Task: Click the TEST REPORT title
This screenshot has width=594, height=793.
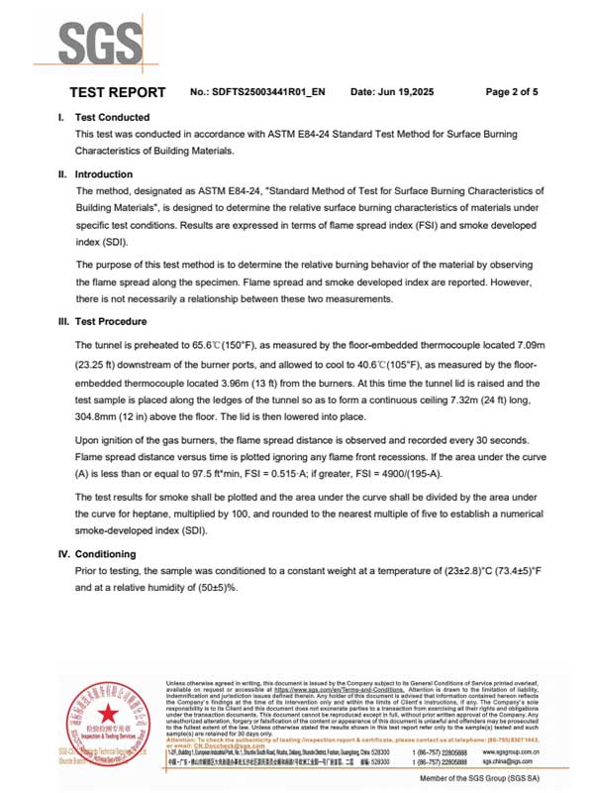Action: [117, 92]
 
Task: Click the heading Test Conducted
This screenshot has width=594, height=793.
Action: [112, 117]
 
